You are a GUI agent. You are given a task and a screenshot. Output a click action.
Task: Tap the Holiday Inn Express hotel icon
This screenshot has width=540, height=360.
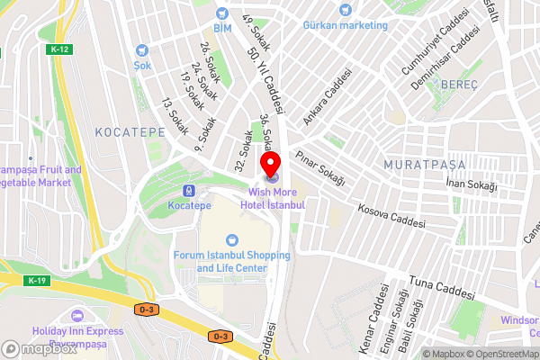coord(76,316)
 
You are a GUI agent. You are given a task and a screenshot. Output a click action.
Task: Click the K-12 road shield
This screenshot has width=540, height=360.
coord(60,49)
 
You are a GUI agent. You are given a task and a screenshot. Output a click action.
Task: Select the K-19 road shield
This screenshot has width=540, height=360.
coord(37,281)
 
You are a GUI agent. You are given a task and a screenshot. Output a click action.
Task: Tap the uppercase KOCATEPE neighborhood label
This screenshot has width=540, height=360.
coord(128,131)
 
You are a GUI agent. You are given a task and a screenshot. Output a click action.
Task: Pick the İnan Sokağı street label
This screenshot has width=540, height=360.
coord(472,184)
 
